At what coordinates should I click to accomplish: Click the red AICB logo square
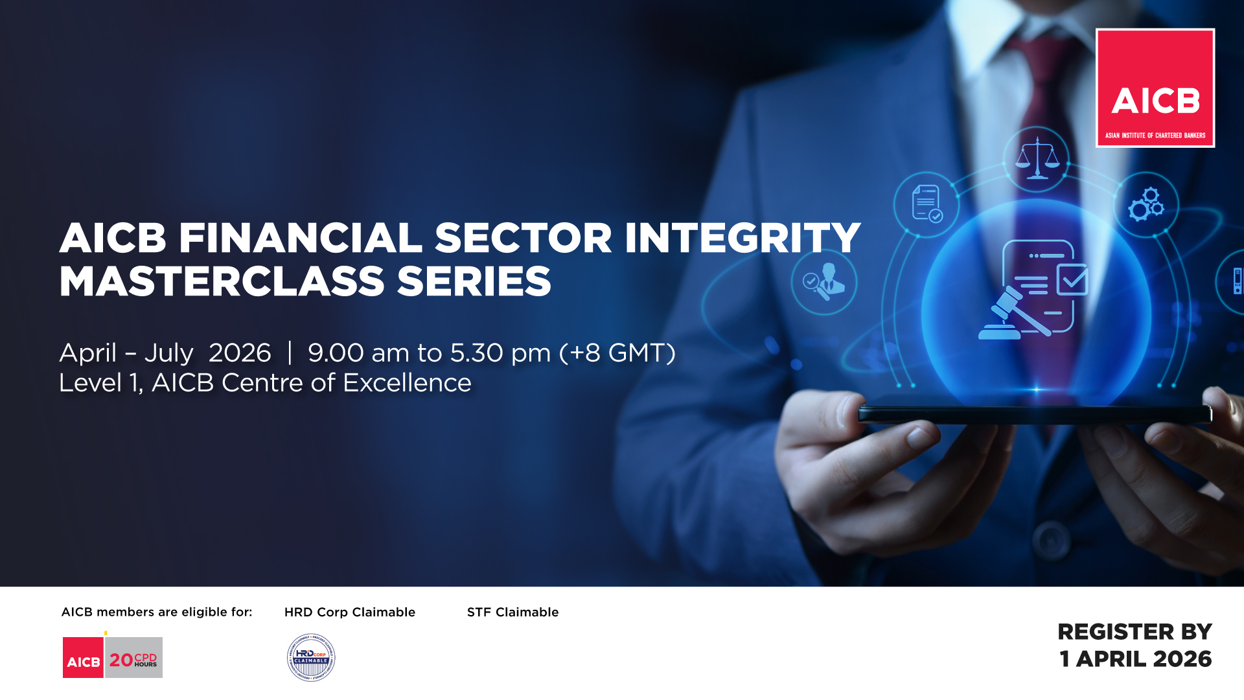(x=1155, y=88)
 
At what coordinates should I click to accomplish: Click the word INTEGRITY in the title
(x=743, y=238)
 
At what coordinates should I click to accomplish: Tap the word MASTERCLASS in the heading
(x=222, y=282)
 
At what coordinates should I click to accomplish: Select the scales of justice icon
(x=1037, y=158)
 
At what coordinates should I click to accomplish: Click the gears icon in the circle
(x=1146, y=204)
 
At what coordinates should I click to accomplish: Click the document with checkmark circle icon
(x=927, y=204)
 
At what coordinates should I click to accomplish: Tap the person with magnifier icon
(x=824, y=283)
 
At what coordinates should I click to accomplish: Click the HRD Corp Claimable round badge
(x=311, y=657)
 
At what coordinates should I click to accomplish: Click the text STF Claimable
(x=513, y=612)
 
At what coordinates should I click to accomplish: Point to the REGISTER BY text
(x=1135, y=632)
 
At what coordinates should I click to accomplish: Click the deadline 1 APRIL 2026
(x=1135, y=659)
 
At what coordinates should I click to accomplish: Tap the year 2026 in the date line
(x=240, y=353)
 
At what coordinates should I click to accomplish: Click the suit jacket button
(x=1050, y=538)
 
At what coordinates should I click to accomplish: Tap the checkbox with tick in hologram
(x=1072, y=279)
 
